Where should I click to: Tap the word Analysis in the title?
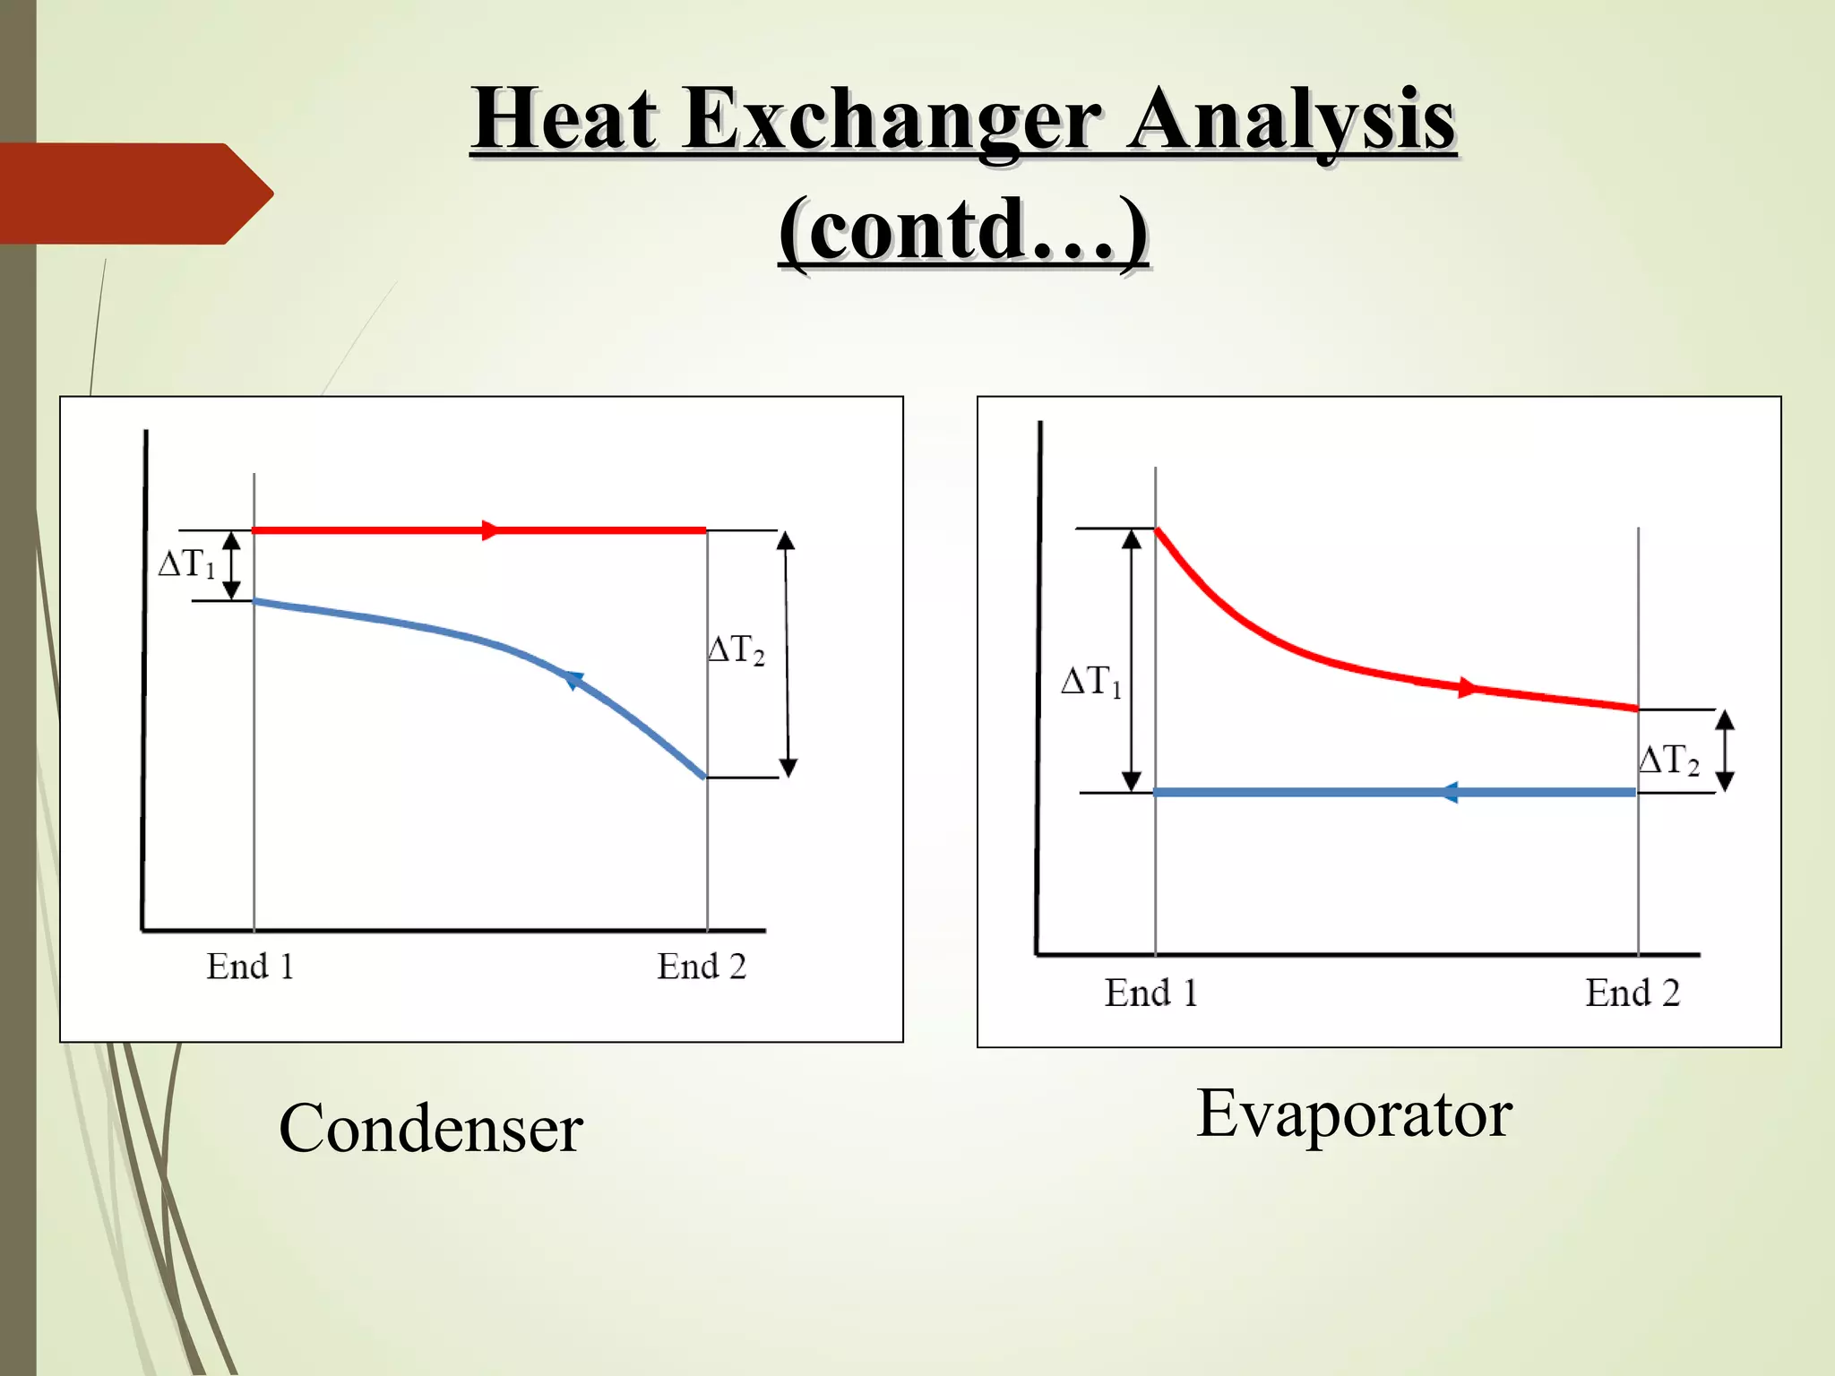(1290, 121)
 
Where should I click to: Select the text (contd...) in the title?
(963, 230)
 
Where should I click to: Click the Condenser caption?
(431, 1129)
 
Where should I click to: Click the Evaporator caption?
(1354, 1114)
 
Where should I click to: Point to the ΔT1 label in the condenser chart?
(186, 564)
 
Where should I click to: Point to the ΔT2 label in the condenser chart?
(736, 649)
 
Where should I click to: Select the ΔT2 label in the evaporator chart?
(1668, 760)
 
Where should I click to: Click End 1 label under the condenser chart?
(250, 967)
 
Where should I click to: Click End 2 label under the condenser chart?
(702, 967)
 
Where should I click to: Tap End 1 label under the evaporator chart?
(1151, 993)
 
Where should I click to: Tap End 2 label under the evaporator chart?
(1633, 993)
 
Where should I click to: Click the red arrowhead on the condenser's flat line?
(490, 530)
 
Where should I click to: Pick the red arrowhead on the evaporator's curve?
(1467, 688)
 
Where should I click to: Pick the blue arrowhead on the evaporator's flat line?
(1449, 793)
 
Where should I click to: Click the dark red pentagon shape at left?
(134, 193)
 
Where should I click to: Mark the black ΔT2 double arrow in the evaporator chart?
(1725, 751)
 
